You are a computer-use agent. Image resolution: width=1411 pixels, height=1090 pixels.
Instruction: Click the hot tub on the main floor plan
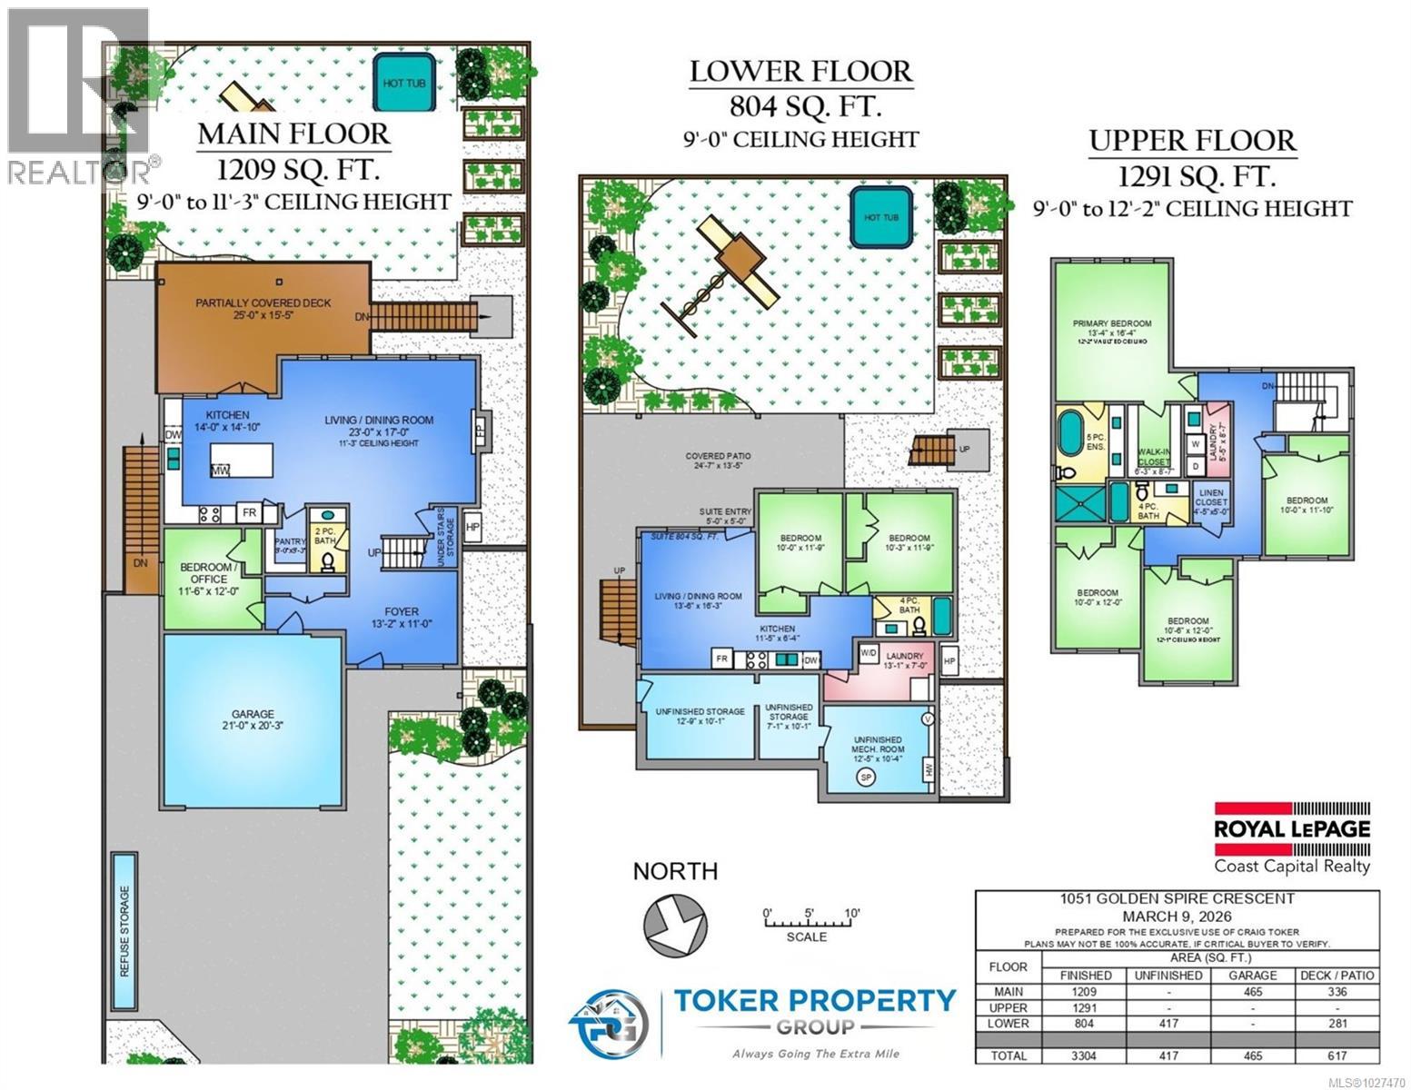click(x=404, y=83)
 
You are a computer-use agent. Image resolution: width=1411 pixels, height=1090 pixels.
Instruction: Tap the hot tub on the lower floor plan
click(x=880, y=217)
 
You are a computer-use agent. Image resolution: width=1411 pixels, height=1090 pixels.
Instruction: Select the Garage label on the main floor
click(x=253, y=720)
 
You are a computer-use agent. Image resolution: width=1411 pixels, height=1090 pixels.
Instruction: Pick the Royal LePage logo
click(x=1292, y=827)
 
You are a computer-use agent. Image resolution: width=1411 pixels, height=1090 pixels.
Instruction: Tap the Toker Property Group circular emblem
click(x=609, y=1023)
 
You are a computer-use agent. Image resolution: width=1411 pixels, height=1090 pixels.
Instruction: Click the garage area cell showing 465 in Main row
click(x=1253, y=992)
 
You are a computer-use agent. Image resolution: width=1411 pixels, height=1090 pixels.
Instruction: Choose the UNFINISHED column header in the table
click(x=1168, y=976)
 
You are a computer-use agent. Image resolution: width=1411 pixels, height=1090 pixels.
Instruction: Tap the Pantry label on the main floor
click(x=290, y=541)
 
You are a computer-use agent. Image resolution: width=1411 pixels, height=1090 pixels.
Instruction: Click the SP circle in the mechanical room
click(x=866, y=778)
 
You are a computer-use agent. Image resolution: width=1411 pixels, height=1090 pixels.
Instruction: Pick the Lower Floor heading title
click(x=800, y=72)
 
